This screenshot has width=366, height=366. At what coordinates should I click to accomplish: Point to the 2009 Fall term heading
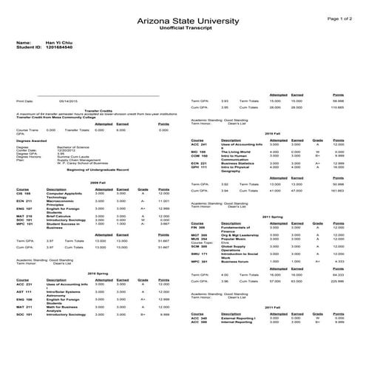pyautogui.click(x=98, y=180)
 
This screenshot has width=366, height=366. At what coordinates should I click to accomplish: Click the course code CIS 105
pyautogui.click(x=23, y=194)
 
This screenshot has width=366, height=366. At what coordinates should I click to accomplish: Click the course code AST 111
pyautogui.click(x=23, y=291)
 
